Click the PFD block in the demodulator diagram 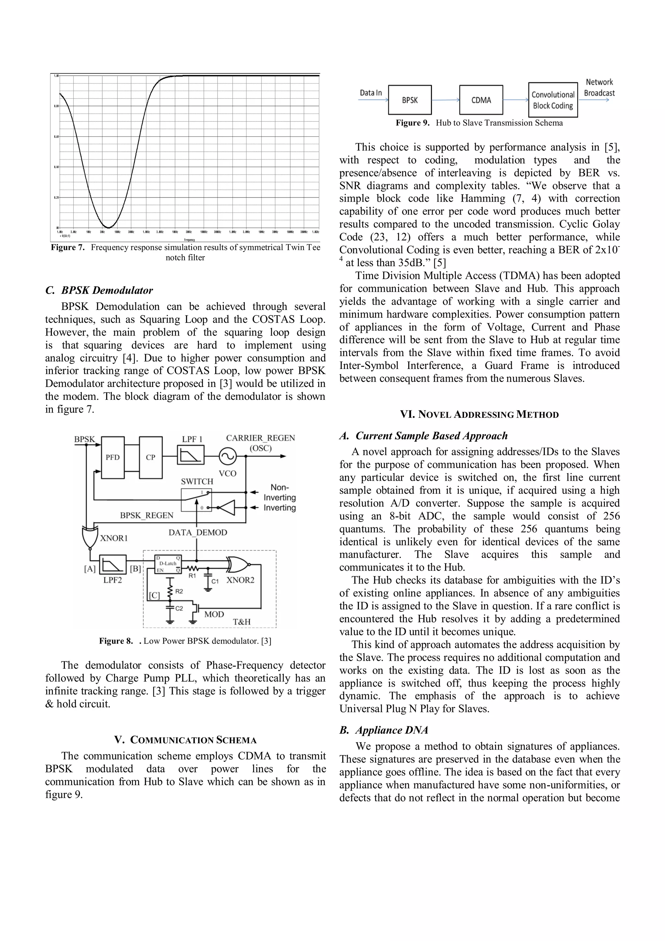[113, 457]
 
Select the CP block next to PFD [150, 457]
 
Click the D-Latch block [168, 564]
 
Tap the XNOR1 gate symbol [88, 537]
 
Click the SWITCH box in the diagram [197, 500]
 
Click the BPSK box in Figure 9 [409, 100]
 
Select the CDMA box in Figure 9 [481, 100]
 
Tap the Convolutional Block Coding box [552, 100]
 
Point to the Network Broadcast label [599, 88]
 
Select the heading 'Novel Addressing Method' [479, 414]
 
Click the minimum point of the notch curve [108, 227]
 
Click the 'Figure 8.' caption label [116, 641]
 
